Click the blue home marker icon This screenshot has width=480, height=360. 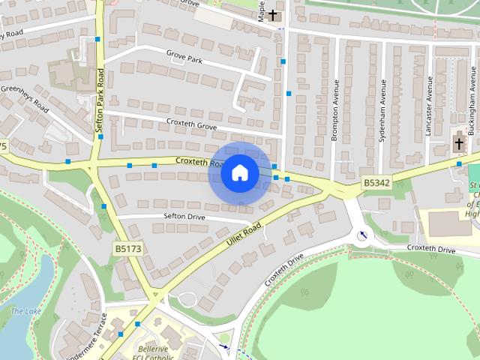click(x=239, y=173)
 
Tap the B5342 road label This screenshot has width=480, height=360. click(x=376, y=182)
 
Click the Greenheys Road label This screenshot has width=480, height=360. click(x=24, y=98)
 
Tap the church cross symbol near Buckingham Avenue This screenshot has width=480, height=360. click(x=459, y=142)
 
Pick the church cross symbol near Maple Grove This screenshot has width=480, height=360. click(x=273, y=14)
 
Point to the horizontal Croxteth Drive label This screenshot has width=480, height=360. click(x=431, y=248)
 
